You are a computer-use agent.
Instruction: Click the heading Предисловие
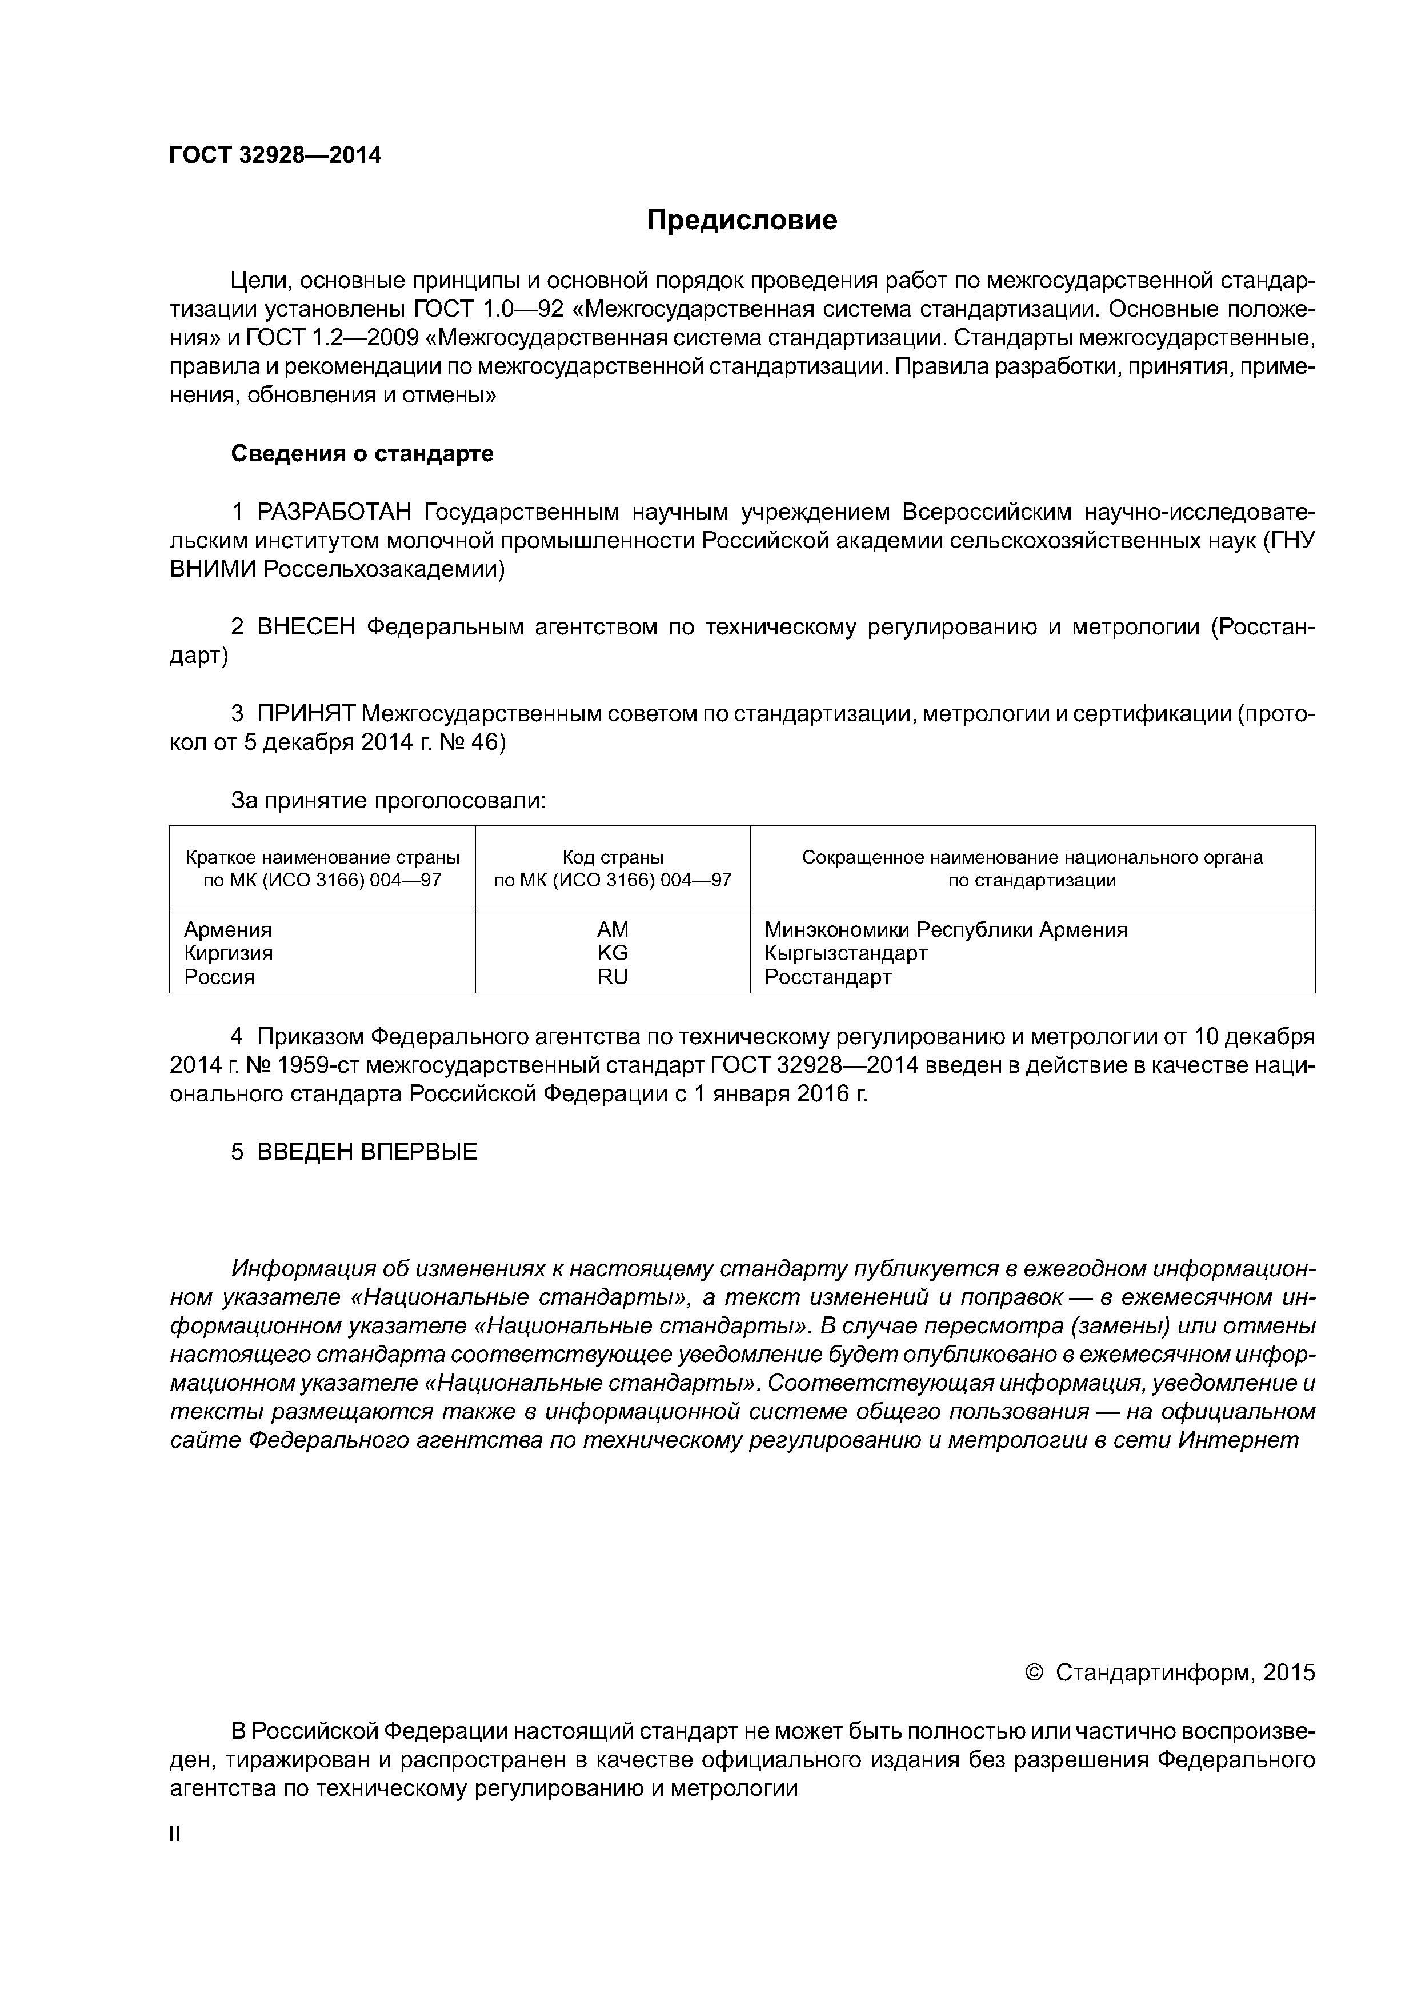tap(741, 220)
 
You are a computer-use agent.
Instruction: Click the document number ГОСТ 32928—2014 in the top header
tap(275, 155)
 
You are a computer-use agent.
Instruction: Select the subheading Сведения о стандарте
tap(362, 454)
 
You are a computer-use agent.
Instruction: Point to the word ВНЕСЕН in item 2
tap(306, 627)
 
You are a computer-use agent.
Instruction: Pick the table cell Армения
tap(228, 929)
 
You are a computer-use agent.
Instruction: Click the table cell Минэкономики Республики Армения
tap(946, 929)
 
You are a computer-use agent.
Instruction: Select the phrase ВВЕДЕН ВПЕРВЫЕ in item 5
tap(367, 1152)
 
